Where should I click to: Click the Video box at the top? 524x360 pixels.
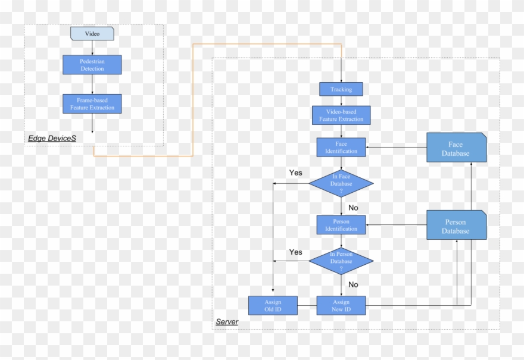click(92, 33)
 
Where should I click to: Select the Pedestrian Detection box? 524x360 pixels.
click(92, 65)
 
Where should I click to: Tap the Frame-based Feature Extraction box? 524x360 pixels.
click(92, 104)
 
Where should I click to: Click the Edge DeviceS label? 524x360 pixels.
click(52, 138)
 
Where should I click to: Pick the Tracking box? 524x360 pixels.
click(341, 89)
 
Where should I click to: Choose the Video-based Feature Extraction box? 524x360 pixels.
click(341, 115)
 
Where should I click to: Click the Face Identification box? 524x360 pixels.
click(341, 147)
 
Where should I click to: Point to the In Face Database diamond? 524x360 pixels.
click(341, 183)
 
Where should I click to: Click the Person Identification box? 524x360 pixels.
click(341, 225)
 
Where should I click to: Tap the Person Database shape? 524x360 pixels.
click(456, 226)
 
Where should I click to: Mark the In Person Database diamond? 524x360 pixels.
click(341, 261)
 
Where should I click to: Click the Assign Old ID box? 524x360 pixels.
click(273, 305)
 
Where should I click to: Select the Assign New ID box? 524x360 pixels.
click(341, 305)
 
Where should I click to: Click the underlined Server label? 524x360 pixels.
click(227, 322)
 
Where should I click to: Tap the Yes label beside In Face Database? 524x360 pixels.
click(296, 173)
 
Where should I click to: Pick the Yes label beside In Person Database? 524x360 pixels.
click(296, 252)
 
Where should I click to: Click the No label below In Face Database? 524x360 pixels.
click(353, 208)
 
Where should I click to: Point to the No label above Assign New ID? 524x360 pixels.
click(353, 284)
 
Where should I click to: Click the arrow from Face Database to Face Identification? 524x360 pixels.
click(396, 147)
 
